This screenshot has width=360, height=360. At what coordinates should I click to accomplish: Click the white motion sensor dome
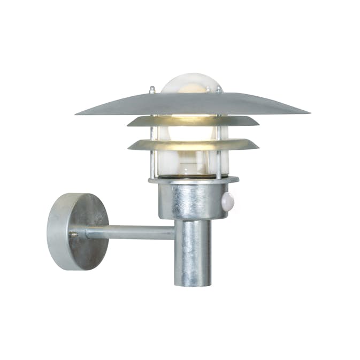click(227, 201)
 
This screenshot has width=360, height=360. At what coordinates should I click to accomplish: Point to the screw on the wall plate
click(73, 234)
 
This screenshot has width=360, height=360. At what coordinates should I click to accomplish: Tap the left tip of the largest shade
click(78, 113)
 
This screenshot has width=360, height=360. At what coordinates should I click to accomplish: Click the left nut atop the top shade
click(152, 90)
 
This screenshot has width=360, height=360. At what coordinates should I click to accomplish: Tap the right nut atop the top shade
click(219, 89)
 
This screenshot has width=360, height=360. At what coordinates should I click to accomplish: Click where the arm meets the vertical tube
click(175, 232)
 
